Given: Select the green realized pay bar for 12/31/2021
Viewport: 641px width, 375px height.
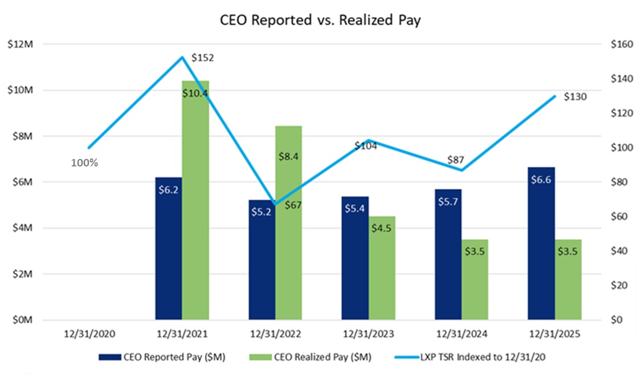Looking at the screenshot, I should pyautogui.click(x=195, y=199).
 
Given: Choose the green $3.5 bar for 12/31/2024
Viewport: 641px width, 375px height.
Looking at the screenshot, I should pyautogui.click(x=475, y=279).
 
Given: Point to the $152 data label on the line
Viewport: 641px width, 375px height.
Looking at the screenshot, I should pyautogui.click(x=202, y=58).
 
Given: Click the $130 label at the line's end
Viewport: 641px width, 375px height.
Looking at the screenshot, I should pyautogui.click(x=575, y=97).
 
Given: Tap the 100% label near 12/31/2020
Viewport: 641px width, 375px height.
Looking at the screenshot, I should pyautogui.click(x=84, y=162).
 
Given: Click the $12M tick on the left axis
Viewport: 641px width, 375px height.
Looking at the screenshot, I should pyautogui.click(x=21, y=44).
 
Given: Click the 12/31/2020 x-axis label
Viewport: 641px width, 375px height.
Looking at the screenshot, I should pyautogui.click(x=88, y=333).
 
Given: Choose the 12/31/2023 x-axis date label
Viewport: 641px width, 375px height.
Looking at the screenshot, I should pyautogui.click(x=368, y=333).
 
